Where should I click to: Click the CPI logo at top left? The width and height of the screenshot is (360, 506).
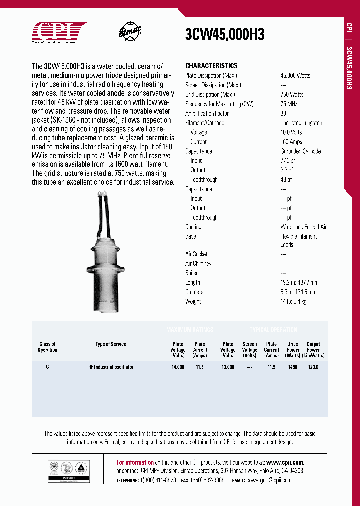pos(59,32)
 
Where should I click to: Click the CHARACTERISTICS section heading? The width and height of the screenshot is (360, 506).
pos(211,66)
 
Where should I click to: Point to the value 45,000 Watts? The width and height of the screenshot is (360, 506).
pos(295,75)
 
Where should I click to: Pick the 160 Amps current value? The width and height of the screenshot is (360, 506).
pos(291,142)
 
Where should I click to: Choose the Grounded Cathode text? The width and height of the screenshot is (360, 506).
pos(301,151)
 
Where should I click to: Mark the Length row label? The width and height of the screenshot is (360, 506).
pos(193,282)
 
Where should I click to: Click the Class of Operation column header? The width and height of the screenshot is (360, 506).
pos(48,347)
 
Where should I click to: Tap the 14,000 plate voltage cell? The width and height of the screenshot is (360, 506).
pos(178,367)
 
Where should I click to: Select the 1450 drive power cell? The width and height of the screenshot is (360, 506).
pos(293,367)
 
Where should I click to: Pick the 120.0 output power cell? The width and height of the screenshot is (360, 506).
pos(313,367)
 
